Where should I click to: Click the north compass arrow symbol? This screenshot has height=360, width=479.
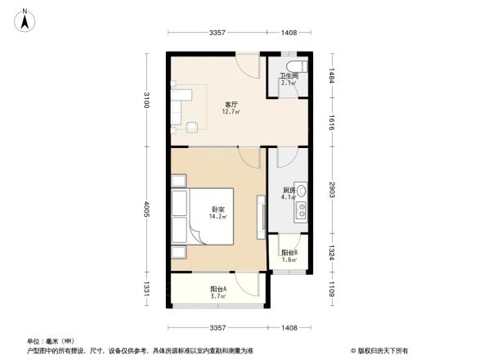pos(26,20)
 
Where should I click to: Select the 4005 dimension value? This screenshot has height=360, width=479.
pos(146,211)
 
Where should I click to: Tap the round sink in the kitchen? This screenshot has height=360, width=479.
pos(302,192)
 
